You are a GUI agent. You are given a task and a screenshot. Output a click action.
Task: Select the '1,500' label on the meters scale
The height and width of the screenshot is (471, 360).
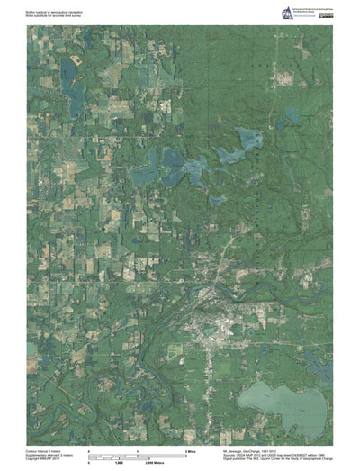[117, 460]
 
